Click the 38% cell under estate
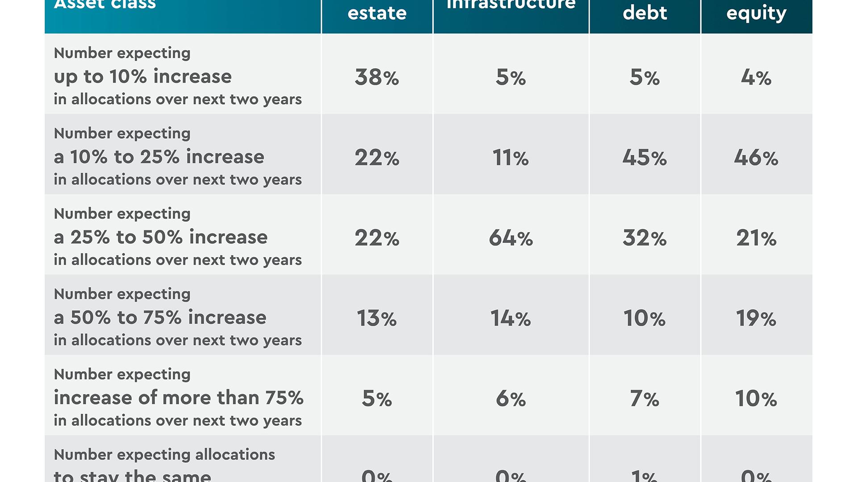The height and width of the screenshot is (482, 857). pyautogui.click(x=377, y=77)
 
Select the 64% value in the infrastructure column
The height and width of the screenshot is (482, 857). pyautogui.click(x=511, y=238)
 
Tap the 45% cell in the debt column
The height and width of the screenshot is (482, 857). pyautogui.click(x=645, y=158)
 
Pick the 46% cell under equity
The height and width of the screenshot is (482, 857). pyautogui.click(x=756, y=158)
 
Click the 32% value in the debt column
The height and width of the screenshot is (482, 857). pyautogui.click(x=645, y=238)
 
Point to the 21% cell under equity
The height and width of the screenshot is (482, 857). pyautogui.click(x=756, y=238)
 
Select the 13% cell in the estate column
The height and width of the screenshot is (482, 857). pyautogui.click(x=377, y=318)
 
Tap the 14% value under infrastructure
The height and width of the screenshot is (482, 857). pyautogui.click(x=511, y=318)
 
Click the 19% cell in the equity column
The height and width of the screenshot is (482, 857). pyautogui.click(x=756, y=318)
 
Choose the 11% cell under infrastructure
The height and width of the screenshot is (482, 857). pyautogui.click(x=511, y=158)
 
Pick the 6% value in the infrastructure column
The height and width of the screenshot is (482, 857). pyautogui.click(x=511, y=399)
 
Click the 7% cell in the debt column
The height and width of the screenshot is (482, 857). pyautogui.click(x=645, y=399)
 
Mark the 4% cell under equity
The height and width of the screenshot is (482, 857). pyautogui.click(x=756, y=77)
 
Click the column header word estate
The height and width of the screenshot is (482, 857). pyautogui.click(x=377, y=13)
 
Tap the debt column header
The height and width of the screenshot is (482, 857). pyautogui.click(x=645, y=13)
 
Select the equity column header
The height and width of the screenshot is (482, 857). pyautogui.click(x=756, y=14)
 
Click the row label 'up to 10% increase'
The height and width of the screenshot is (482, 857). pyautogui.click(x=143, y=77)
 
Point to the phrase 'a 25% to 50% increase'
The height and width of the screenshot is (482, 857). pyautogui.click(x=161, y=237)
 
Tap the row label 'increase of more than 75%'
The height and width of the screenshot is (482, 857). pyautogui.click(x=179, y=398)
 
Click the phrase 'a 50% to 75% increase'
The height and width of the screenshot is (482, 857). pyautogui.click(x=160, y=318)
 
